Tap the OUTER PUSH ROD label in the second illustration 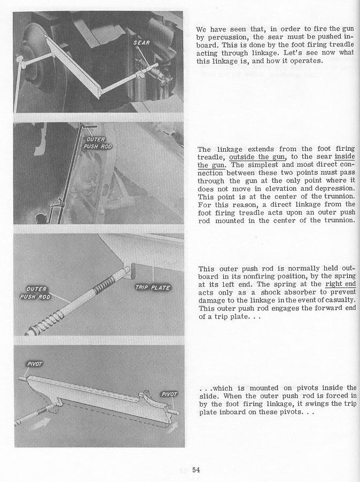pyautogui.click(x=98, y=143)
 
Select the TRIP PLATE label pyautogui.click(x=153, y=287)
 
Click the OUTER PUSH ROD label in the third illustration pyautogui.click(x=36, y=293)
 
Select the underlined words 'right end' pyautogui.click(x=340, y=285)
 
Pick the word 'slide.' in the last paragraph pyautogui.click(x=208, y=396)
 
